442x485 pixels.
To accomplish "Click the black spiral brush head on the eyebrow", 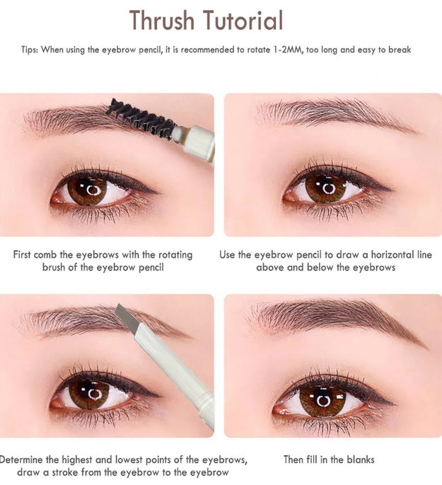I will [x=140, y=118].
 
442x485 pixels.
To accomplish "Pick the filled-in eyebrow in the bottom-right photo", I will [x=332, y=315].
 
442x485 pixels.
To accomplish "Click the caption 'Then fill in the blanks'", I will [x=329, y=460].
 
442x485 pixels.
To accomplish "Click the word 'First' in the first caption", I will [x=25, y=254].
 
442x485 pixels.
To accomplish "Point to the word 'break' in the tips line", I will [x=399, y=50].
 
